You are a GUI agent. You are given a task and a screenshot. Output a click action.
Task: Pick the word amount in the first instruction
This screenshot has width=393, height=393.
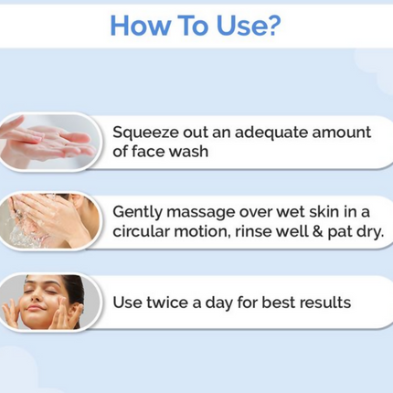342,132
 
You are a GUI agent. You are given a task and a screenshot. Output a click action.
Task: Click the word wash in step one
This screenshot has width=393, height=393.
187,152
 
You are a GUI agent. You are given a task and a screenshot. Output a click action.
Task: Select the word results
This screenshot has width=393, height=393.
319,301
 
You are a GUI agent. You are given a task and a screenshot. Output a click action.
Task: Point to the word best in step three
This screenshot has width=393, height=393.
273,301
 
